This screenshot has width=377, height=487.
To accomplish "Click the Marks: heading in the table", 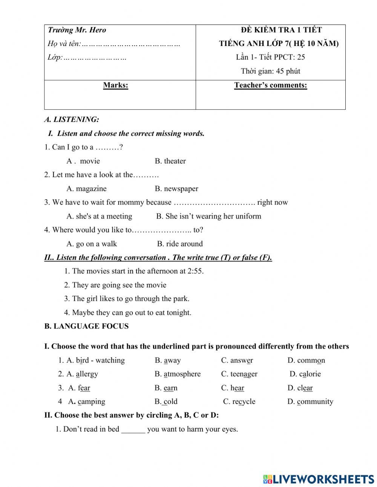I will pyautogui.click(x=115, y=85).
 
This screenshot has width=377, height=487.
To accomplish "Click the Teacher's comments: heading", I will pyautogui.click(x=270, y=85).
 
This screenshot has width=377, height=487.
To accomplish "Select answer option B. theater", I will pyautogui.click(x=170, y=161).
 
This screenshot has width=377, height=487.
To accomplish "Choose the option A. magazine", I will pyautogui.click(x=86, y=189).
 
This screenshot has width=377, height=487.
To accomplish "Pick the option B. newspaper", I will pyautogui.click(x=176, y=189).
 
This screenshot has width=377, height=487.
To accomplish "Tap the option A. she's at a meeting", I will pyautogui.click(x=99, y=216).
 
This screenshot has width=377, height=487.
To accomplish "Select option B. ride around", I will pyautogui.click(x=180, y=244).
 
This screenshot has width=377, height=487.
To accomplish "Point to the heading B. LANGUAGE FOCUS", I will pyautogui.click(x=86, y=326).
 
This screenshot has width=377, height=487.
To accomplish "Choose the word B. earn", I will pyautogui.click(x=166, y=388).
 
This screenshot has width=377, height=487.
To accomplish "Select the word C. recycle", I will pyautogui.click(x=239, y=401).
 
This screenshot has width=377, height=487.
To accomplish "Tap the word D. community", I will pyautogui.click(x=310, y=401).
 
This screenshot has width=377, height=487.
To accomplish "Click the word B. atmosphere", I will pyautogui.click(x=178, y=374).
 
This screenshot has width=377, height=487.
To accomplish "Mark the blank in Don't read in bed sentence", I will pyautogui.click(x=133, y=429).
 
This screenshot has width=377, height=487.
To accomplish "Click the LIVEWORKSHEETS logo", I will pyautogui.click(x=318, y=479).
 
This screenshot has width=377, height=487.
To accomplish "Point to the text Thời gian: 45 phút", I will pyautogui.click(x=270, y=71).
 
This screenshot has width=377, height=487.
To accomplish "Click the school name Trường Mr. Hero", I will pyautogui.click(x=77, y=30).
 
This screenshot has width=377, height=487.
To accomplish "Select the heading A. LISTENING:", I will pyautogui.click(x=72, y=120).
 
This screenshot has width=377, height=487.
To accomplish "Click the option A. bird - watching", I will pyautogui.click(x=95, y=360).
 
